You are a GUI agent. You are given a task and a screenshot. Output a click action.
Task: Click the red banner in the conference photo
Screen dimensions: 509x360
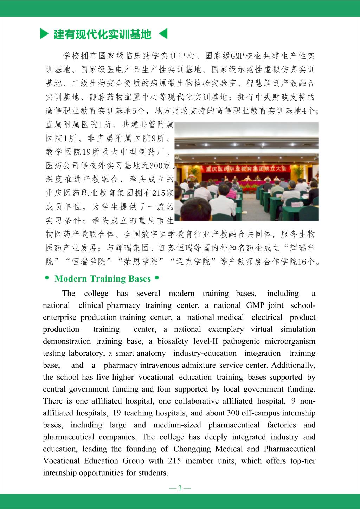click(x=246, y=168)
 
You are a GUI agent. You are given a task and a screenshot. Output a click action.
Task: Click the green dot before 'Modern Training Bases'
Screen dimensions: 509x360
click(x=47, y=278)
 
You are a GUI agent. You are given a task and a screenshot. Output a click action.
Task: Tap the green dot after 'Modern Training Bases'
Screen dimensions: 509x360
click(x=157, y=278)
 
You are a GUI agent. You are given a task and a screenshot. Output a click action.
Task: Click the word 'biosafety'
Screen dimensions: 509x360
click(x=173, y=341)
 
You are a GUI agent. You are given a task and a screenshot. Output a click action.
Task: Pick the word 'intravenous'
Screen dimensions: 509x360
click(x=160, y=365)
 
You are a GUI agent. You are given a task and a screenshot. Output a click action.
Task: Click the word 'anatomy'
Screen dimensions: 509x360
click(x=151, y=353)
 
